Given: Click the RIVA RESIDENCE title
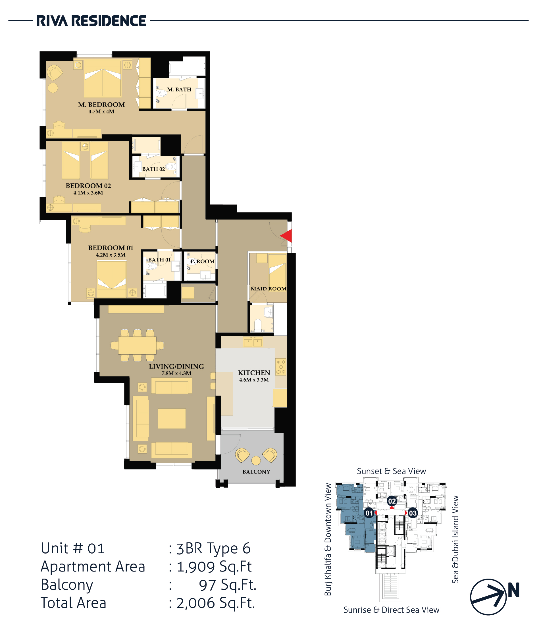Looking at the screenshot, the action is pos(91,21).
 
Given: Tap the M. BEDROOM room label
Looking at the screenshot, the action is pos(101,105).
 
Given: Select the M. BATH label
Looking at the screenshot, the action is pos(179,90).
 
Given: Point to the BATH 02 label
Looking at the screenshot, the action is pos(153,169).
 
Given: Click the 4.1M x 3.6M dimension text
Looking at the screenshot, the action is pos(88,192).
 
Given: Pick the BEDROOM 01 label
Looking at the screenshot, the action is pos(111,248).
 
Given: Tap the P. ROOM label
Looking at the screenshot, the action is pos(202,261).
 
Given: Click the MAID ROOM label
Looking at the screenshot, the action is pos(268,289).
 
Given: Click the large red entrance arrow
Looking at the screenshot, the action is pos(286,236).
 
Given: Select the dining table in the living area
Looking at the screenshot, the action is pos(137,345).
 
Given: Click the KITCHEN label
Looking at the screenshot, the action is pos(254,373).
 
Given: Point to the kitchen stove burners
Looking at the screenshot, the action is pos(281,367).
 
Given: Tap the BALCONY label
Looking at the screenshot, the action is pos(256,472).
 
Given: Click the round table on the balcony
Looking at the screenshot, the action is pos(256,460).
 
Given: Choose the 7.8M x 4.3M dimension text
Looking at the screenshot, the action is pos(176,373).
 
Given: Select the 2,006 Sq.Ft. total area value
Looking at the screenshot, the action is pos(216,603).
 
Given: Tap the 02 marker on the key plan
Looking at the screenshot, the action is pos(392,501).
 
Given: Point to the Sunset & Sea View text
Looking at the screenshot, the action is pos(391,471).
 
